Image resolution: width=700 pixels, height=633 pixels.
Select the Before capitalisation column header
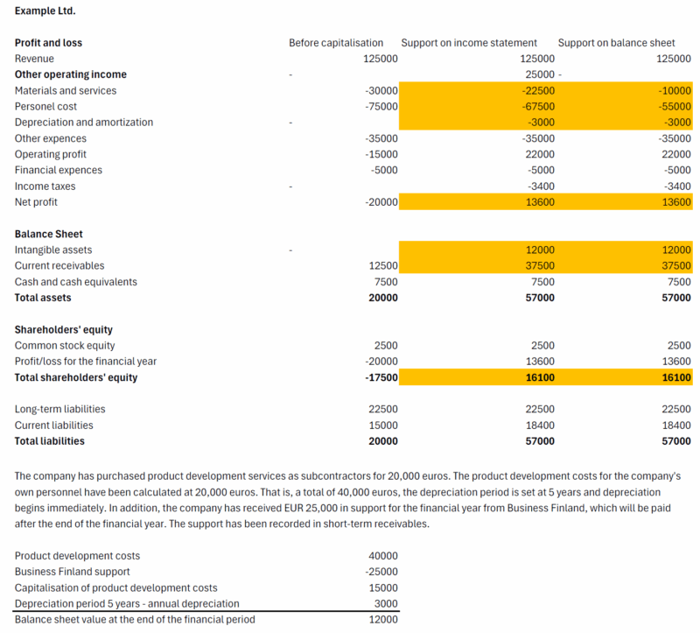336,43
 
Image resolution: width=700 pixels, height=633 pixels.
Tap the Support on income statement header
469,43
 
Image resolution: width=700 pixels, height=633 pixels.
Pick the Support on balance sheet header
616,43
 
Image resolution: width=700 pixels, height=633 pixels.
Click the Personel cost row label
45,107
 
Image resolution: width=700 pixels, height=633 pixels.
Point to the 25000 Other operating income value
539,74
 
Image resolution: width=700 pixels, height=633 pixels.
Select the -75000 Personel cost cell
381,107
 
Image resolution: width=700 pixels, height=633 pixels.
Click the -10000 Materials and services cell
674,91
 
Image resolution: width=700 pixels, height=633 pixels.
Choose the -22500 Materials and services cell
537,91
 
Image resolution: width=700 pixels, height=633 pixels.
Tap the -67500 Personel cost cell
537,107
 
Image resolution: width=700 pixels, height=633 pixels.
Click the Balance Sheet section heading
49,235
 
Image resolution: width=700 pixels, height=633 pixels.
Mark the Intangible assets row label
53,250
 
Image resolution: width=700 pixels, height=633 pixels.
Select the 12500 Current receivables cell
381,266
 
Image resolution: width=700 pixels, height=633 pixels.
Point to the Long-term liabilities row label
59,410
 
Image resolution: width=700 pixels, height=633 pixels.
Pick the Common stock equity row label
65,346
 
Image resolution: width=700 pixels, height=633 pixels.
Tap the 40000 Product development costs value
383,556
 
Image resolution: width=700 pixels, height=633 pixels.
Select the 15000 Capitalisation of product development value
383,587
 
